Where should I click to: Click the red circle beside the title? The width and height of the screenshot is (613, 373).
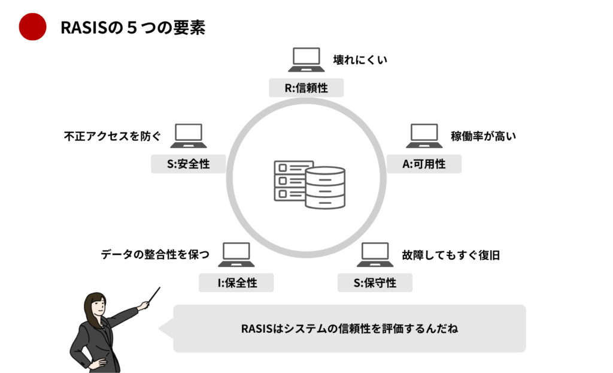32,27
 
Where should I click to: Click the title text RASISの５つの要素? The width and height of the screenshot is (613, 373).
133,28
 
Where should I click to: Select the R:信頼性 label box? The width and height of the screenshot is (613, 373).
306,88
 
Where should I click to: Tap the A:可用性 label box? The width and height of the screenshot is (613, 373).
424,164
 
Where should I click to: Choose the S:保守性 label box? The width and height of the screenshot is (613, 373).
375,282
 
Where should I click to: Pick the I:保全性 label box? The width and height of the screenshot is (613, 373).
236,282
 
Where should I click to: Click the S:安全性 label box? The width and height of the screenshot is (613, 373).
188,164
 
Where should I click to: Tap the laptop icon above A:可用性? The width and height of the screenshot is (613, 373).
424,136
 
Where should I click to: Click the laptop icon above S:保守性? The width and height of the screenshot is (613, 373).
375,255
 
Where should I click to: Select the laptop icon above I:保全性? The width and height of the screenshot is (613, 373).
236,255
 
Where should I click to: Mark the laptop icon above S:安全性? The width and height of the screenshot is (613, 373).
188,136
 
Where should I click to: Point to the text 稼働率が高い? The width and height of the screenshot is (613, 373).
483,136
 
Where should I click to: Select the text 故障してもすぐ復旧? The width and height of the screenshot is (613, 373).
451,255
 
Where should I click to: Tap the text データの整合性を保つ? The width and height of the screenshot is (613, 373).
155,255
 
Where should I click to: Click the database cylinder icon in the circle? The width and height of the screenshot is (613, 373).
324,187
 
